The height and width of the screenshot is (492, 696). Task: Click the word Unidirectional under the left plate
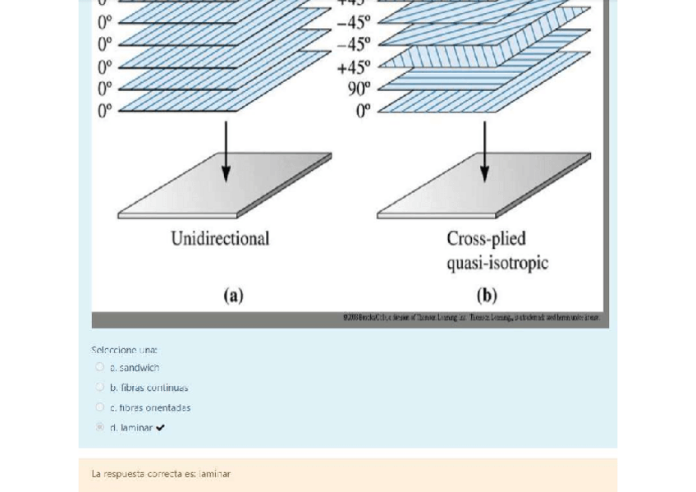coord(220,239)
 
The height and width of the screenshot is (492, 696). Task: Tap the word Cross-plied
coord(486,239)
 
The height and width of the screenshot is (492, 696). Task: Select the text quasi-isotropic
coord(497,263)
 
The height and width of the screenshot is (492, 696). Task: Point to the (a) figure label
coord(233,295)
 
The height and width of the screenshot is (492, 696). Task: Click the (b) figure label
coord(486,295)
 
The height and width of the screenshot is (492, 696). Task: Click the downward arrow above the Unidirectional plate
coord(226,152)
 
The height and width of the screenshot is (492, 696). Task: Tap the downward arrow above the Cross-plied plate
coord(484,152)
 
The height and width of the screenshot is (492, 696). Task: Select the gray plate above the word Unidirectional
coord(224,186)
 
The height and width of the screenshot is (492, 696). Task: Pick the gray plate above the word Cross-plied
coord(483,186)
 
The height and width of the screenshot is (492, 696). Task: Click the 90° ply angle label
coord(359,89)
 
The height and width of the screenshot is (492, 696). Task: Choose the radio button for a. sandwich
coord(100,367)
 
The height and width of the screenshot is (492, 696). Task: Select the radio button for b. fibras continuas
coord(100,387)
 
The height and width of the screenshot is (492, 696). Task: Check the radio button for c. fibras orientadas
coord(100,407)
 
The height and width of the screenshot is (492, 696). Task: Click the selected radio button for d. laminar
coord(100,427)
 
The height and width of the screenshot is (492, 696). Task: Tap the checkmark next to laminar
coord(160,428)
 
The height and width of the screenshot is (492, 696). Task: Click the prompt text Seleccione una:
coord(125,350)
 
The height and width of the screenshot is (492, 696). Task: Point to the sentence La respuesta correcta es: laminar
coord(161,474)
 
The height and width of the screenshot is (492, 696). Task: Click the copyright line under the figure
coord(471,317)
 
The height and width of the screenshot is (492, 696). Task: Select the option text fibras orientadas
coord(154,407)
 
